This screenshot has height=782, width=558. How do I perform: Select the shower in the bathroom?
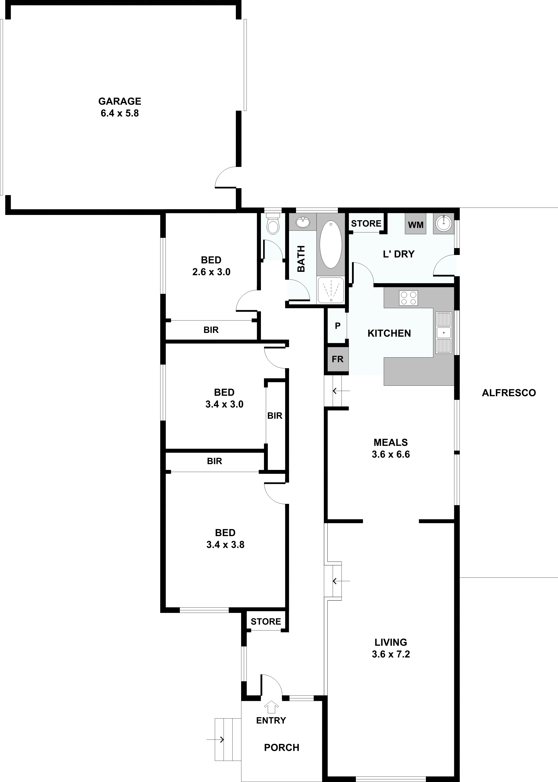330,290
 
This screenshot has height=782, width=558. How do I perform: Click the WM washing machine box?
415,224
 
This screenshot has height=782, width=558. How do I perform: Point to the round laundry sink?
443,224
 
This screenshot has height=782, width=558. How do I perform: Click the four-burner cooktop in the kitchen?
408,298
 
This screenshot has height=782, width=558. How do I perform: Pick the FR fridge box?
337,359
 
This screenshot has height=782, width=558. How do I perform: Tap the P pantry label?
337,326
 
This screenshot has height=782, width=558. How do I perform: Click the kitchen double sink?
443,333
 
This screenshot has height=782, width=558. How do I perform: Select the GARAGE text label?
120,101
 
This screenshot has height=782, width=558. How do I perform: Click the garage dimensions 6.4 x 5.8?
120,113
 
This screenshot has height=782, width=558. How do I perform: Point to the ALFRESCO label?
509,393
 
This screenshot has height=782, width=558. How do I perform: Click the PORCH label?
281,748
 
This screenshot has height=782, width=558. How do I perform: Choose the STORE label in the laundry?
366,224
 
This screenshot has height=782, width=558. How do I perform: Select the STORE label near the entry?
266,621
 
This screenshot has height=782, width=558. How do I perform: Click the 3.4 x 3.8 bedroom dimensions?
225,545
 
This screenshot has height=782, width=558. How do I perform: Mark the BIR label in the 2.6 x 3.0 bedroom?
211,330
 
